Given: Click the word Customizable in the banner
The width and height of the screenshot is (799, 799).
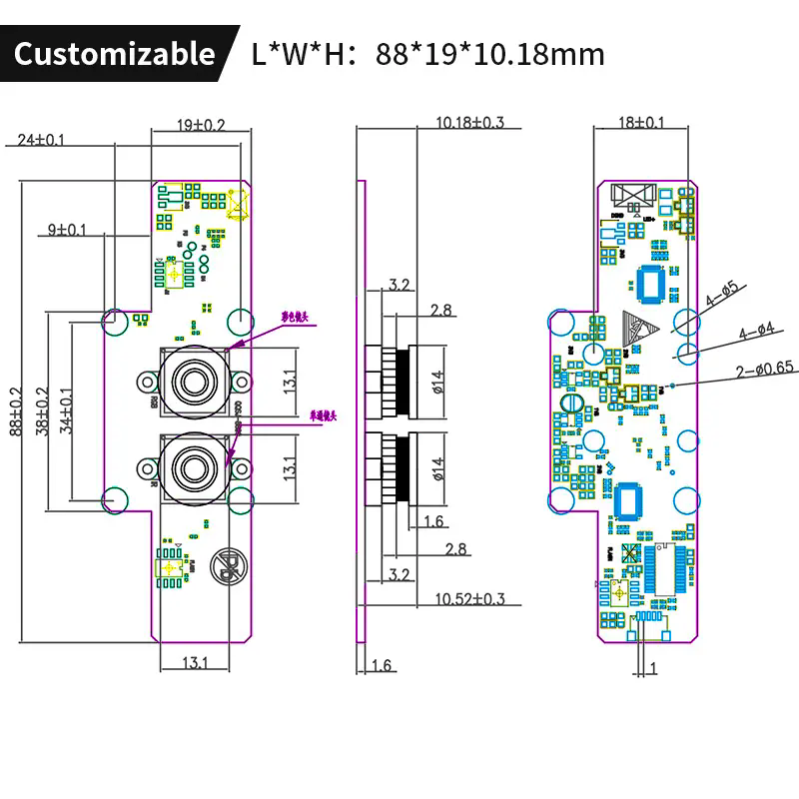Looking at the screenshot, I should (x=114, y=53).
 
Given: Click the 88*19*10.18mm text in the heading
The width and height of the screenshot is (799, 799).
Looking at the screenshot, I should (x=490, y=53).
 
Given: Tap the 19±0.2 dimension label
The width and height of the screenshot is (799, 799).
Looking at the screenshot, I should (x=202, y=125).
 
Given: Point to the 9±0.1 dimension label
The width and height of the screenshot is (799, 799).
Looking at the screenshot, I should (x=68, y=230).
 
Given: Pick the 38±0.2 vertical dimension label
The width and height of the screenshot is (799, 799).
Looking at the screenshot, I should (x=42, y=409).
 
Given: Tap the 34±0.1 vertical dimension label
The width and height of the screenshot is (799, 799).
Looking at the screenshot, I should (x=68, y=409).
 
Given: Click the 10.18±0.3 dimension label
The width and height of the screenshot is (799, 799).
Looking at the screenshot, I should (x=470, y=123).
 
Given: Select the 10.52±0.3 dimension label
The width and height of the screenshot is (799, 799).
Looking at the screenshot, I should (x=470, y=599).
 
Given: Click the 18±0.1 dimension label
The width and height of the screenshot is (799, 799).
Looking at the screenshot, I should (x=641, y=123).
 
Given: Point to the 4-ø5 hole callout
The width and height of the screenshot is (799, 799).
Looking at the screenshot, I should (x=722, y=293).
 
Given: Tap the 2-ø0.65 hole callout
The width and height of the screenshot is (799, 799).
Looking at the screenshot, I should (x=764, y=368).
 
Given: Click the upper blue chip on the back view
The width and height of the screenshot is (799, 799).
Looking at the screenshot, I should (x=652, y=285).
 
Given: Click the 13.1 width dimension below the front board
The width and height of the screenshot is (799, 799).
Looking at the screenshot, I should (x=194, y=662).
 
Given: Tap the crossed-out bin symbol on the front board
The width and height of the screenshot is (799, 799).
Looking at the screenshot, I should (x=229, y=568).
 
